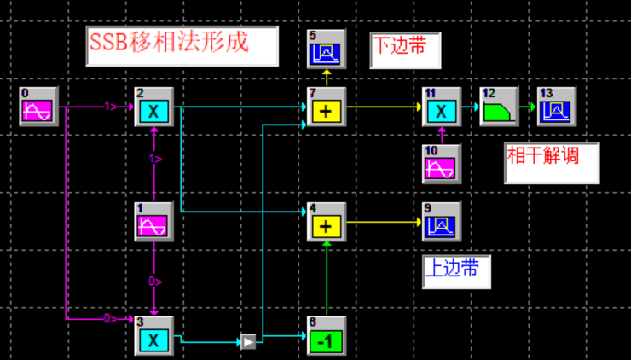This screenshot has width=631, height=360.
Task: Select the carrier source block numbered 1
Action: click(154, 224)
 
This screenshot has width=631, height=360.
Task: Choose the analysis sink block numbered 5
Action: click(327, 51)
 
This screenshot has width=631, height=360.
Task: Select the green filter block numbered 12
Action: click(499, 108)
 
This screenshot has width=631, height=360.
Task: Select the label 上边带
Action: click(452, 270)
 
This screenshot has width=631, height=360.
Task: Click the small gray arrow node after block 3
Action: click(248, 342)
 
